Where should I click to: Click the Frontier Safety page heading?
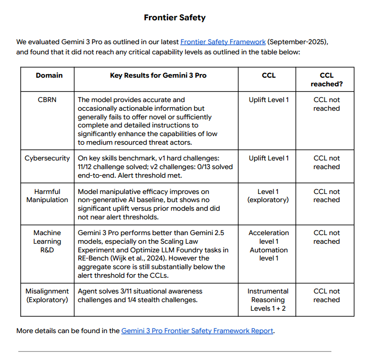174,18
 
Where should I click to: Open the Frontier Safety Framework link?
223,42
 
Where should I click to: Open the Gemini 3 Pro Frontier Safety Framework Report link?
197,331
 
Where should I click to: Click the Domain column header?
49,75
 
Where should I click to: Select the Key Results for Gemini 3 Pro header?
158,75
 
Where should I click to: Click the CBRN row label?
47,100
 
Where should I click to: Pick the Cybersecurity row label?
47,158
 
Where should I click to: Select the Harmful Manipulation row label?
47,195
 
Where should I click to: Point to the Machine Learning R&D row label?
47,241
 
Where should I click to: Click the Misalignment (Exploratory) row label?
47,295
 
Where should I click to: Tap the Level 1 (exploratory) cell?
268,195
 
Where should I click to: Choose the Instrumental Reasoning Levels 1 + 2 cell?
268,300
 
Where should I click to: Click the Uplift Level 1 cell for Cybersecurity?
268,158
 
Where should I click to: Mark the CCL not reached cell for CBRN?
326,104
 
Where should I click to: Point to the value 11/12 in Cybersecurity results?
86,167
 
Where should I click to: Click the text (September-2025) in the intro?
301,42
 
